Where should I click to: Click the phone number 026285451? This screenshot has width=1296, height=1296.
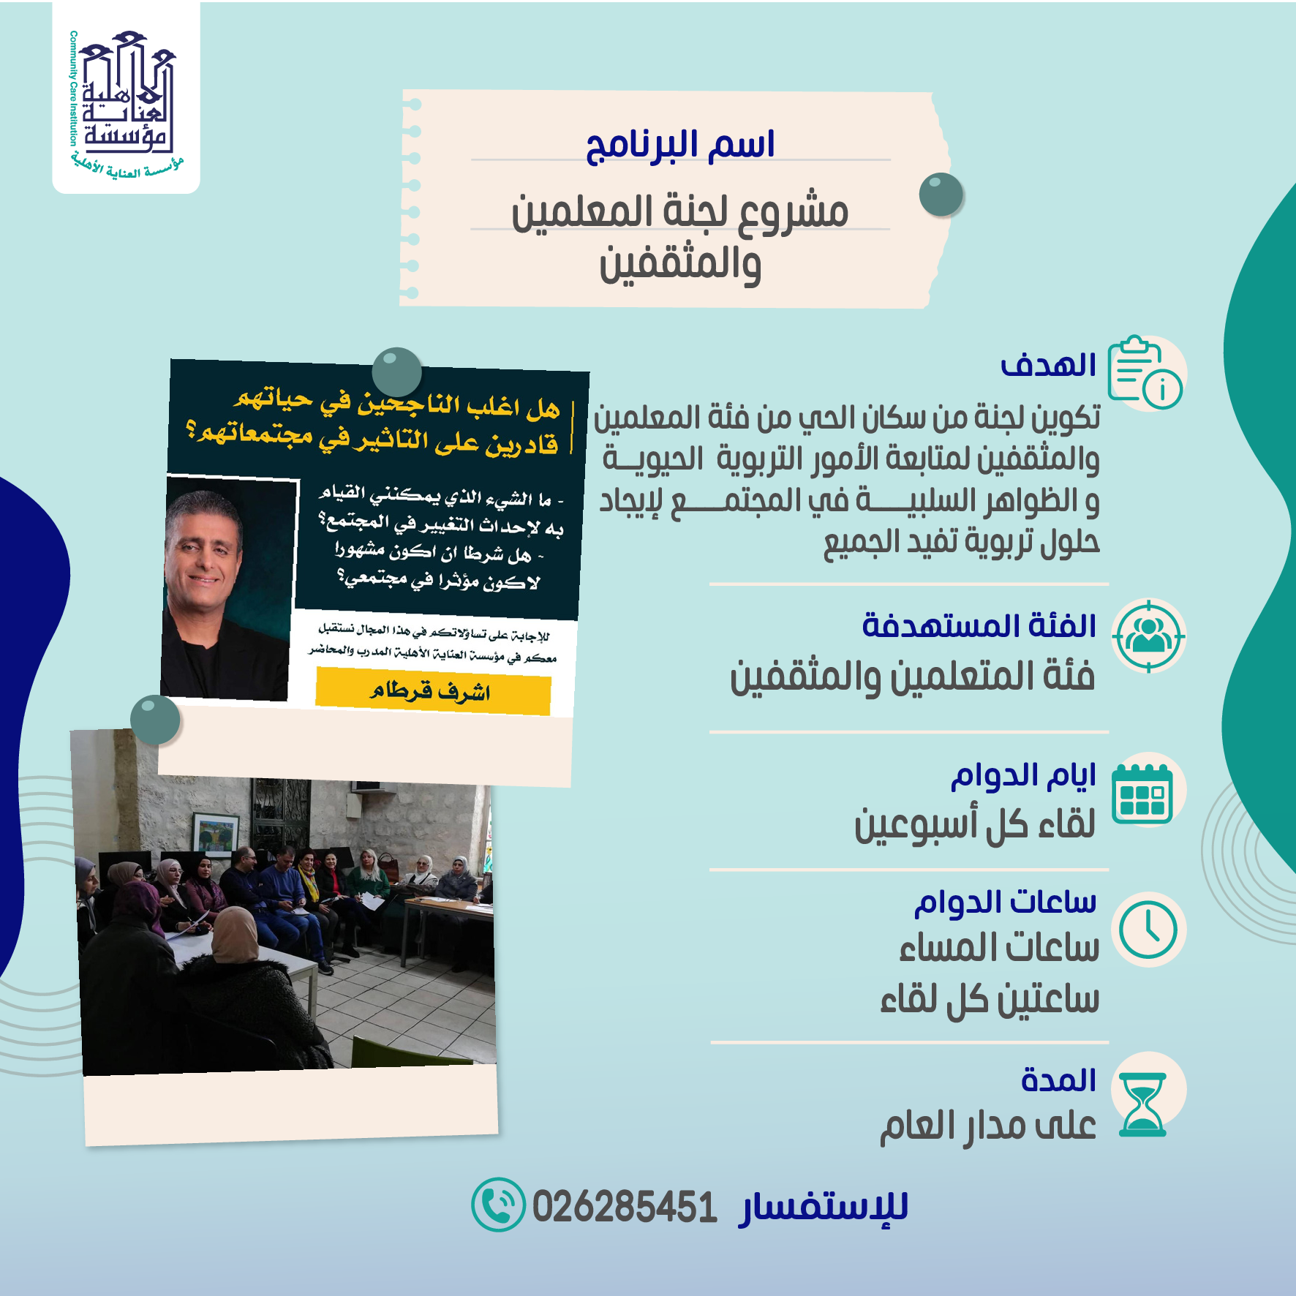coord(624,1207)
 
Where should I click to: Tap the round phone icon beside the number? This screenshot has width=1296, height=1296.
coord(498,1205)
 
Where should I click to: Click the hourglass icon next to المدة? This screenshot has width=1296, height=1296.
coord(1143,1104)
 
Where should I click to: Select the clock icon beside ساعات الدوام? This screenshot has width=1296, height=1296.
coord(1148,930)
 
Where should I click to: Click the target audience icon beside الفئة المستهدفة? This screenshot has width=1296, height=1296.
coord(1148,636)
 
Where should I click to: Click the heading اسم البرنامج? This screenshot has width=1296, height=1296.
coord(680,145)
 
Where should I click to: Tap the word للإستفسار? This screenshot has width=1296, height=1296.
coord(824,1208)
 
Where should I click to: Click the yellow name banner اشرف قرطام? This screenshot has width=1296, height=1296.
coord(433,691)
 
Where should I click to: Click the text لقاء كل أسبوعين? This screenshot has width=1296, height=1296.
coord(975,824)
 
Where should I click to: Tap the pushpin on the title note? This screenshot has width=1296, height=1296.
coord(941,195)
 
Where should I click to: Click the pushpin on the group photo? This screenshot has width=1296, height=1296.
coord(155,720)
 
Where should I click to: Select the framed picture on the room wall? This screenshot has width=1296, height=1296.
coord(215,835)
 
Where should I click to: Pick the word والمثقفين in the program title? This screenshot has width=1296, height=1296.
coord(680,265)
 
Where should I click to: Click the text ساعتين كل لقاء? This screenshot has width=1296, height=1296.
coord(990,999)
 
